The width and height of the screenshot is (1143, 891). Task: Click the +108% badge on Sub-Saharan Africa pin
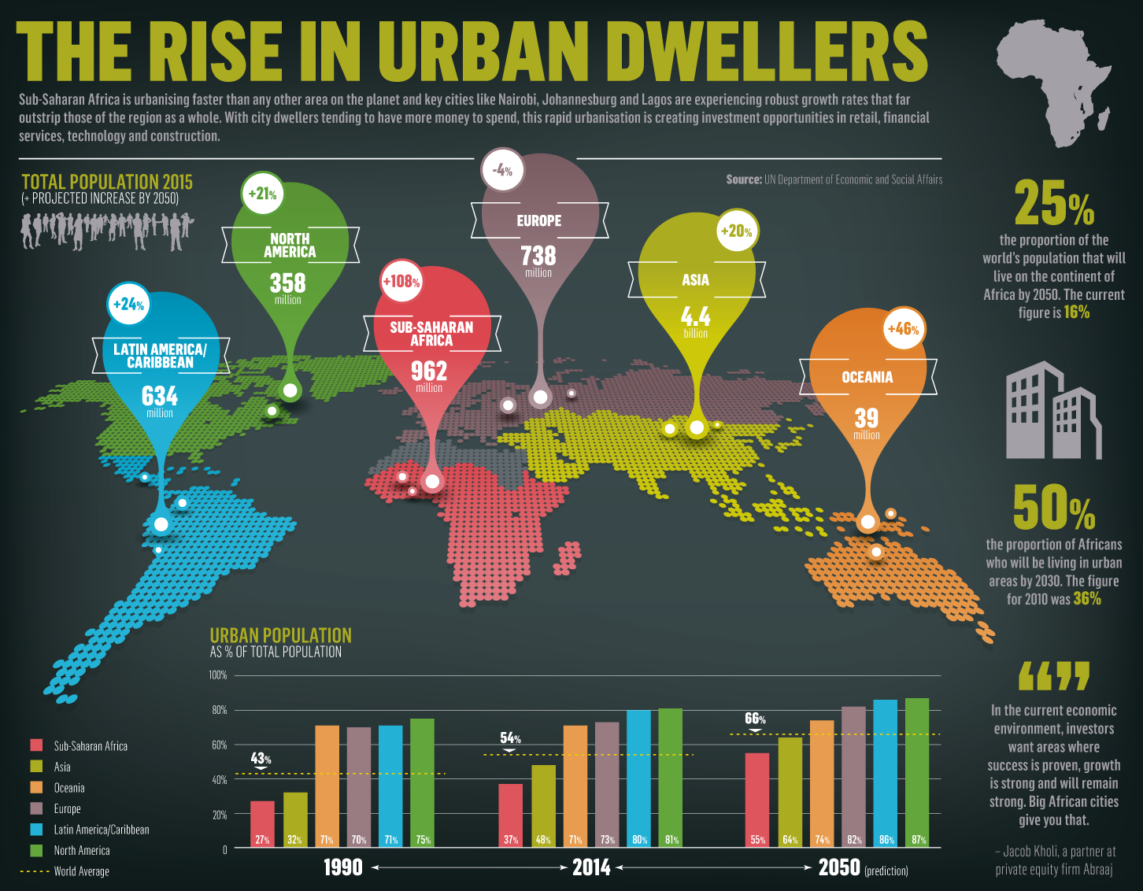click(x=401, y=281)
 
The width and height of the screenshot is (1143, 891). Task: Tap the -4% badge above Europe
click(x=501, y=170)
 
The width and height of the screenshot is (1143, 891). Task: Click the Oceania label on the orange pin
click(x=867, y=377)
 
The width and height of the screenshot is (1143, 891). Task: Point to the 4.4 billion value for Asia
click(x=695, y=321)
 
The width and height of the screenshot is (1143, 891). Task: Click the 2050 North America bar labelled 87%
click(x=917, y=771)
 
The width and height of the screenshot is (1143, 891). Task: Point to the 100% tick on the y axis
click(x=218, y=675)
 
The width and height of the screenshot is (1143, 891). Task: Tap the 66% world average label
click(x=755, y=719)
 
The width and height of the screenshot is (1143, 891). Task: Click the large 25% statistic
click(x=1053, y=203)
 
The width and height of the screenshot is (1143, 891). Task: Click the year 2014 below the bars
click(x=591, y=867)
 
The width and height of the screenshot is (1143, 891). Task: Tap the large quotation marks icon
click(x=1053, y=676)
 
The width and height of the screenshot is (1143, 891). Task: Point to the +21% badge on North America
click(x=262, y=194)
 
